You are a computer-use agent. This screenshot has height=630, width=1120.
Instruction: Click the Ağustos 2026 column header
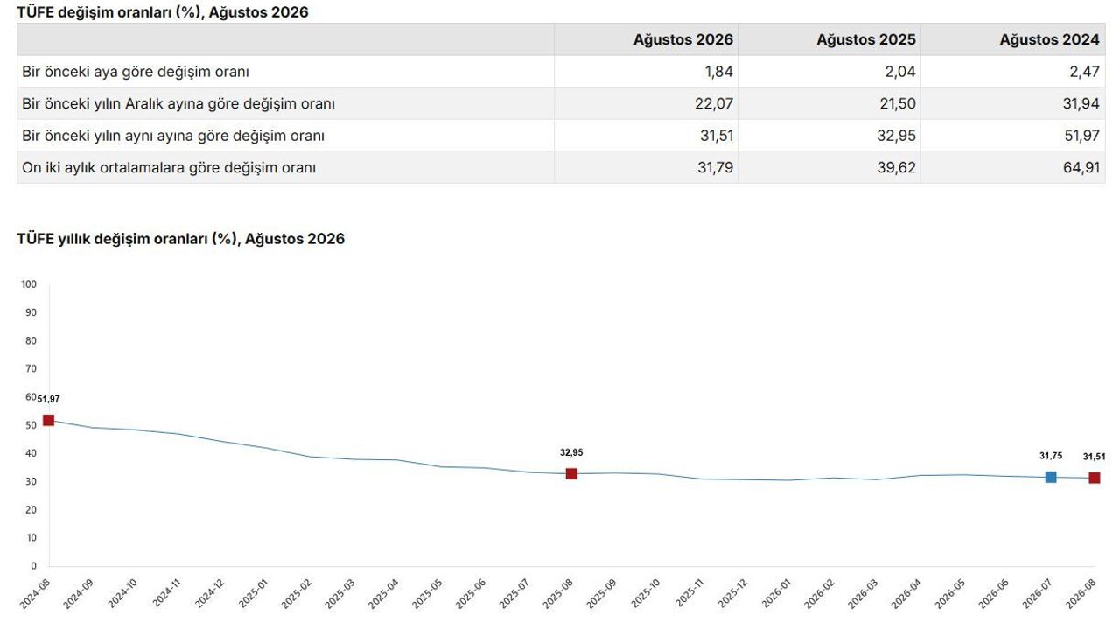(683, 39)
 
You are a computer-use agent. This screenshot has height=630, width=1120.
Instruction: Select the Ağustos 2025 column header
(866, 39)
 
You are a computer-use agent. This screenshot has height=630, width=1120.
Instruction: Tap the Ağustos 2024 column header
(1049, 39)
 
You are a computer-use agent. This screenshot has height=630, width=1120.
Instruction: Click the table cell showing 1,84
(719, 72)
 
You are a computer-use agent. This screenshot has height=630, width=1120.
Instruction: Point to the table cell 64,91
(1081, 167)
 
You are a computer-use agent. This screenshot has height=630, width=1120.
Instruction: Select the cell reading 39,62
(897, 167)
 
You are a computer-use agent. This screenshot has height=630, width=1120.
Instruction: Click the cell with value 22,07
(714, 103)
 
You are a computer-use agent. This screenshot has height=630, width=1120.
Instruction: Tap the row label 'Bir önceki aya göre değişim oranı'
(136, 72)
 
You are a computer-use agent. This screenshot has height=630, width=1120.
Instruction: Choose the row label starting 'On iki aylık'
(169, 167)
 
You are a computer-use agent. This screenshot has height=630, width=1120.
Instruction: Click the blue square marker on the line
(1051, 477)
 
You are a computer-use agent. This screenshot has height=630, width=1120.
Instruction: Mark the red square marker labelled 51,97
(48, 421)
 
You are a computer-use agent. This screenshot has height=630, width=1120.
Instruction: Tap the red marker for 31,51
(1095, 478)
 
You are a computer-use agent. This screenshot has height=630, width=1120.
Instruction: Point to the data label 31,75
(1051, 456)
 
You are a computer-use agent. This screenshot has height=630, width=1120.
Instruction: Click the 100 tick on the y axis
(29, 284)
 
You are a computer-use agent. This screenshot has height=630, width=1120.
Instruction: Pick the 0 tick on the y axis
(33, 566)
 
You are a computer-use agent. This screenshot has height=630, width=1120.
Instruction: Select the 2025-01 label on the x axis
(254, 593)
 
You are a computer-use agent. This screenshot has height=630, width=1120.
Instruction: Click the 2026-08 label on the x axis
(1081, 593)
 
